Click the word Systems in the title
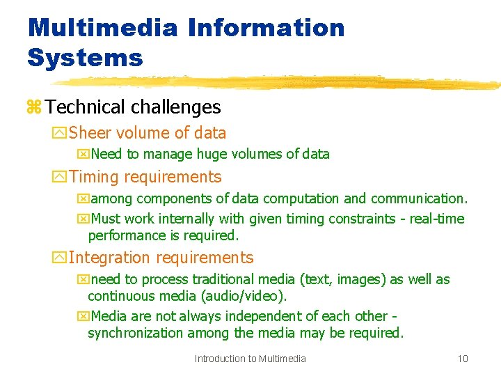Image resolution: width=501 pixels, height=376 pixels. pyautogui.click(x=85, y=58)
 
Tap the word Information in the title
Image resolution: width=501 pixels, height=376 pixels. pyautogui.click(x=265, y=28)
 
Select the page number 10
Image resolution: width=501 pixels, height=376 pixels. pyautogui.click(x=463, y=359)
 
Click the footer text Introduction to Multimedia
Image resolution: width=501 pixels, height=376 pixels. pyautogui.click(x=250, y=359)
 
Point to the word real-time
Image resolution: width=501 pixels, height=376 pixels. pyautogui.click(x=437, y=219)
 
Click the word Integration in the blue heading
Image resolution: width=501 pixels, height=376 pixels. pyautogui.click(x=110, y=258)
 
